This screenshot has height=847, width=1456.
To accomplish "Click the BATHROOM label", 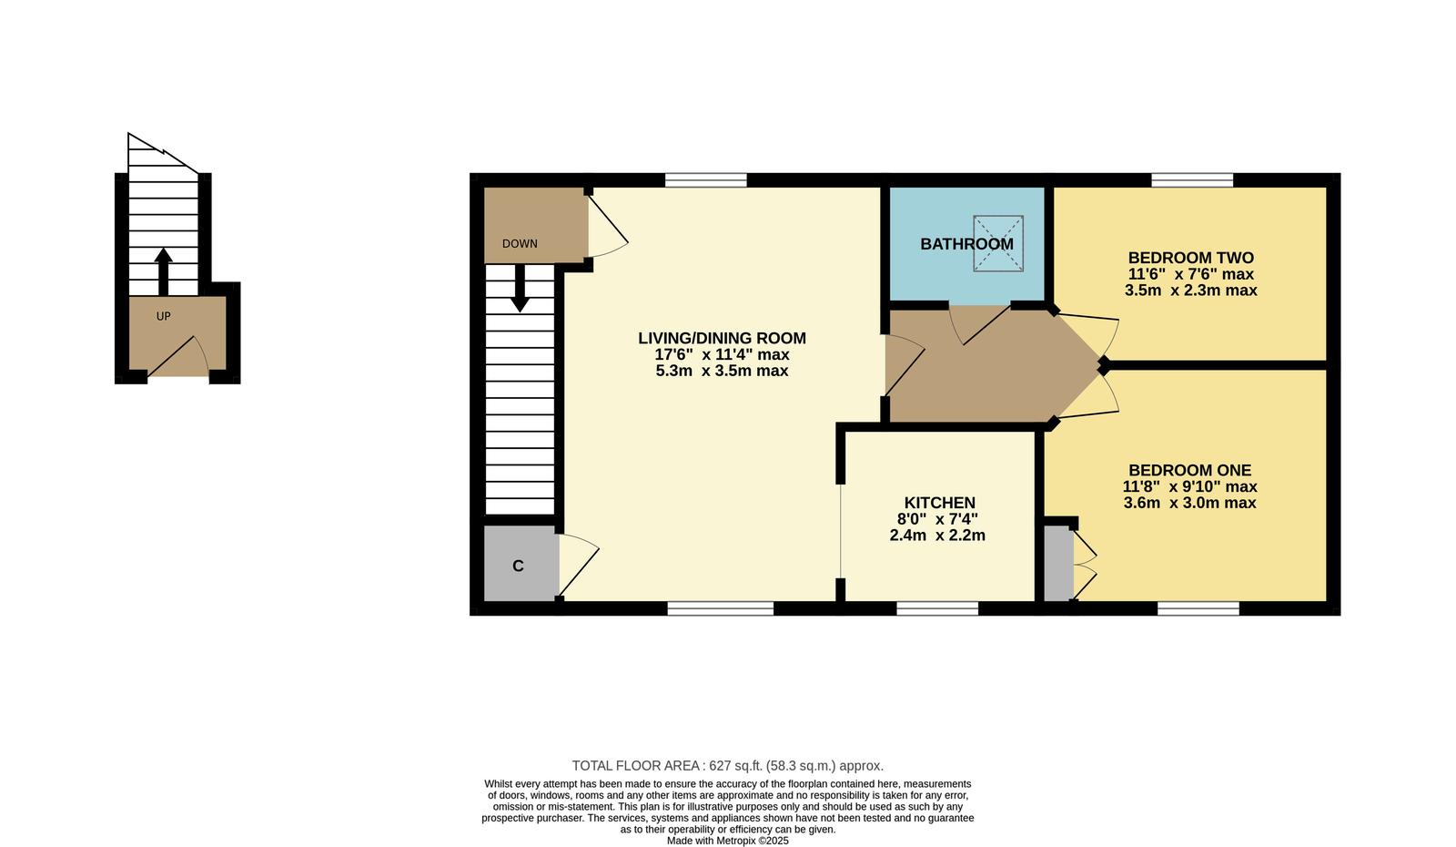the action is [x=966, y=244].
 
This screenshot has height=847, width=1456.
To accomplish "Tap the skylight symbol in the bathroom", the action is [x=997, y=243].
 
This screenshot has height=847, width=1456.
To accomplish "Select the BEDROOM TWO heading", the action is [x=1191, y=258].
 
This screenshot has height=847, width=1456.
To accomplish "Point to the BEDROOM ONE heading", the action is [x=1190, y=470].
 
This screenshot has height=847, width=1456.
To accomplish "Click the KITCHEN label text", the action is [x=940, y=503].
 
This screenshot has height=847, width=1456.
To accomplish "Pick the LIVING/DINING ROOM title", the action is [x=723, y=338].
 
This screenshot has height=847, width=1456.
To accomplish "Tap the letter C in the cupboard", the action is [x=518, y=566].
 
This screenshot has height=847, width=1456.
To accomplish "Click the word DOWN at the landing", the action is [x=520, y=243].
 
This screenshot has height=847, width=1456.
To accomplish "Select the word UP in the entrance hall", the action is [x=163, y=316].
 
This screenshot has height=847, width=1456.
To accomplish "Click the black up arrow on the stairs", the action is [x=163, y=272].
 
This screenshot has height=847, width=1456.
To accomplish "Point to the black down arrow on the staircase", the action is [x=520, y=288].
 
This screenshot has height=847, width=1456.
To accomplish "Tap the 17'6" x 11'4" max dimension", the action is [x=723, y=354].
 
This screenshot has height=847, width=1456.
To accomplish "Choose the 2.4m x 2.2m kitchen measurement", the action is [x=937, y=536].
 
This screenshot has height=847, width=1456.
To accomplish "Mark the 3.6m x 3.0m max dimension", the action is [x=1189, y=503].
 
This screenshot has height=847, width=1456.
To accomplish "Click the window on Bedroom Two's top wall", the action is [x=1192, y=180].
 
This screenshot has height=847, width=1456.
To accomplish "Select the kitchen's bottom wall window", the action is [x=937, y=608].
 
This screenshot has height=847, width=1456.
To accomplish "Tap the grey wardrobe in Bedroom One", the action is [x=1059, y=564].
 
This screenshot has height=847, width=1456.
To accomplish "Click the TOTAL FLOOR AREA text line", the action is [x=727, y=766].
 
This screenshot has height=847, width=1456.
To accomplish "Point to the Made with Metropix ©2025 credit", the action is [x=727, y=841].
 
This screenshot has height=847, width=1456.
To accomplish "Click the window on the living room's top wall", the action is [x=706, y=180].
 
